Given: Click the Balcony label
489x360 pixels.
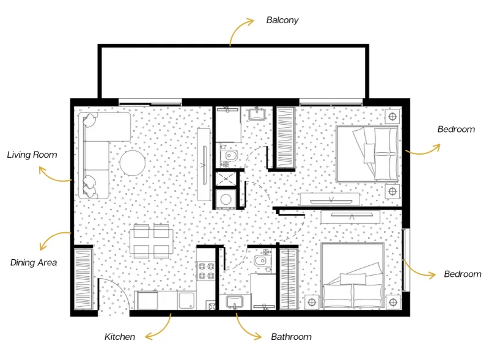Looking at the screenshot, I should [282, 20].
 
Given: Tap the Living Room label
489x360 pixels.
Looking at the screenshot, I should [32, 155].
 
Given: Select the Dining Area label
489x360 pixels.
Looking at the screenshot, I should [34, 263].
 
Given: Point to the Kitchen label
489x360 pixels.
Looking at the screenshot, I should [120, 337].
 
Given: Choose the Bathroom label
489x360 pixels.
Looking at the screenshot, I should [291, 337].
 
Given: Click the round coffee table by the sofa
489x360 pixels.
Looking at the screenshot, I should [131, 163].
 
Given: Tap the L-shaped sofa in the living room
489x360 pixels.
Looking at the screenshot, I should [98, 153].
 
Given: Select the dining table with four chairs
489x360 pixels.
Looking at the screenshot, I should [150, 241].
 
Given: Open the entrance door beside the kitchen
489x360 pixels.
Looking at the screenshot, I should [113, 296].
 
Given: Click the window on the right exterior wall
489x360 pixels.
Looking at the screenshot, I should [406, 260].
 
